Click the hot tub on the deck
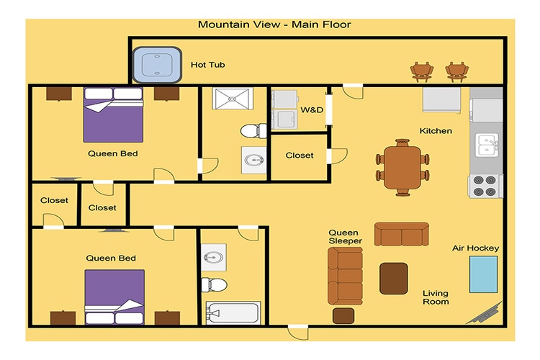(157, 65)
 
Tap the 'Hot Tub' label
(207, 65)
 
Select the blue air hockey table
(484, 274)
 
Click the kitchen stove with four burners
(485, 186)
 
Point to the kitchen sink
(487, 145)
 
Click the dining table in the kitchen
(402, 168)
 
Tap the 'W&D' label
(312, 110)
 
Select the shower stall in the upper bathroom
(233, 99)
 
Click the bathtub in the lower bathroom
(233, 312)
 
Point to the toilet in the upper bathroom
(253, 131)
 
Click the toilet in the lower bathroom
(214, 285)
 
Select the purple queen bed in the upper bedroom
(113, 114)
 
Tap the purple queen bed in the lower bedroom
(114, 297)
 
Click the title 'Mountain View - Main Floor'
(274, 24)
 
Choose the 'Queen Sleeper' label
(345, 237)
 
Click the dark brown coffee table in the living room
(394, 279)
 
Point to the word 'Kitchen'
(436, 131)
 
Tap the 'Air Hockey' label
(476, 248)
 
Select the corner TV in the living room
(484, 313)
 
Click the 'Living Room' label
(436, 297)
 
